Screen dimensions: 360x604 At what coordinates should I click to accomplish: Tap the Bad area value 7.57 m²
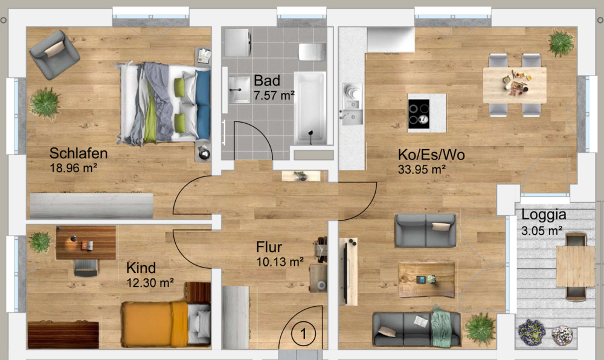274,95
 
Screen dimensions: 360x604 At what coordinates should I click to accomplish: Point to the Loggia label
544,214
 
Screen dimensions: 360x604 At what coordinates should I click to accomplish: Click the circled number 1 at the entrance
304,332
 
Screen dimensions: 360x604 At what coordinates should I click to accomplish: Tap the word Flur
269,248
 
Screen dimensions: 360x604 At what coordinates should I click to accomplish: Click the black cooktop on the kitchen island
419,112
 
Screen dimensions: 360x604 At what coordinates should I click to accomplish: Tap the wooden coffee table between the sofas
426,279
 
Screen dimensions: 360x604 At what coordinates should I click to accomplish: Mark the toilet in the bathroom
312,51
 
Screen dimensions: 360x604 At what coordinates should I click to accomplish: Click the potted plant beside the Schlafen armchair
45,103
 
